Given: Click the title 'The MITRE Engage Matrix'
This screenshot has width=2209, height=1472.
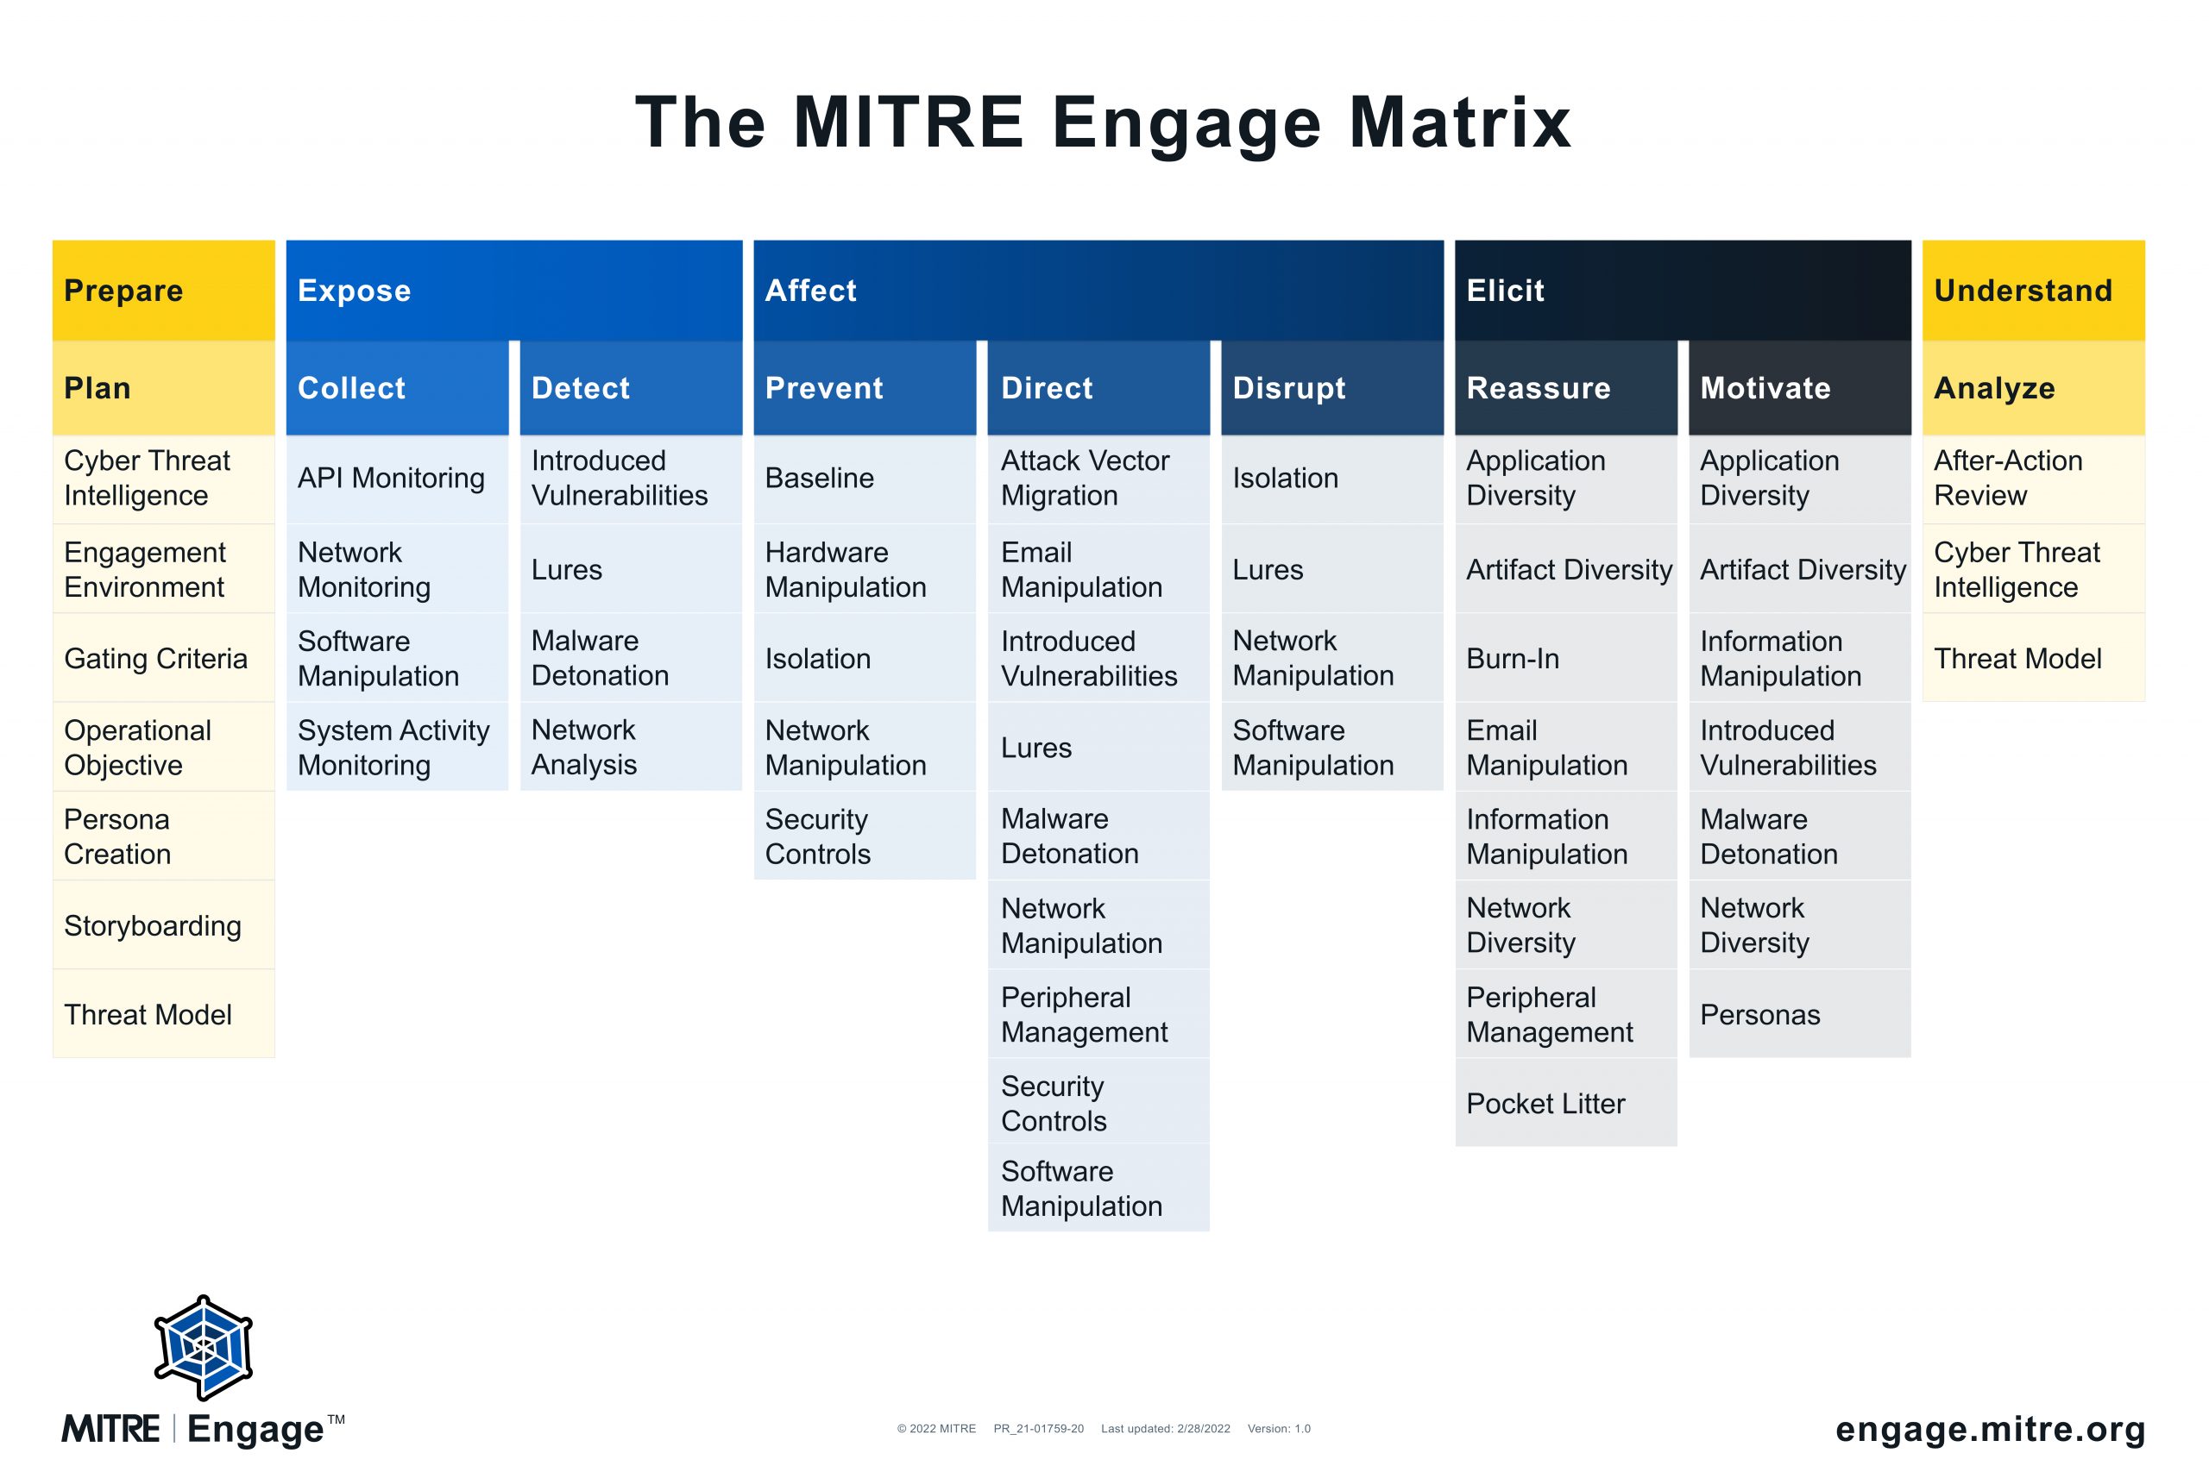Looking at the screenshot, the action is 1104,123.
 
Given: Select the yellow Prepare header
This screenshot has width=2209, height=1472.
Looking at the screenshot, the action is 163,290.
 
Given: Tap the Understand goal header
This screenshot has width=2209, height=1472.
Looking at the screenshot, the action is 2033,290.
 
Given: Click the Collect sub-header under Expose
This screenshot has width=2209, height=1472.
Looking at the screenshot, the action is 397,388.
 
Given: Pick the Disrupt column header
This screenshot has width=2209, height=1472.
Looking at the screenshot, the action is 1331,388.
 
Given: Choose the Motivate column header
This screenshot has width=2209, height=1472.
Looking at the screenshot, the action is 1799,388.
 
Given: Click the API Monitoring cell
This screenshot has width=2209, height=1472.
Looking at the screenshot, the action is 397,479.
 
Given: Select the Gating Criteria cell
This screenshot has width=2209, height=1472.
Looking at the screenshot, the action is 163,658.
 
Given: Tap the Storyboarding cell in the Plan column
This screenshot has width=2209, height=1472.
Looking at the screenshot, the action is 163,925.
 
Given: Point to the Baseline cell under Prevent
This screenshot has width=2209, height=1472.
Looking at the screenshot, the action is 864,479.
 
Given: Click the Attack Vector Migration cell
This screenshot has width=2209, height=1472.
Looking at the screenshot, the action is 1098,479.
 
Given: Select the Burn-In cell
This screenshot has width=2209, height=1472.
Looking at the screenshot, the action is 1565,658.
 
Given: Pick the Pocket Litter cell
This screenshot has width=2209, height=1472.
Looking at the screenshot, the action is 1565,1103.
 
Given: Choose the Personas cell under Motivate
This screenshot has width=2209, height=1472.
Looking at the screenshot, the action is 1799,1014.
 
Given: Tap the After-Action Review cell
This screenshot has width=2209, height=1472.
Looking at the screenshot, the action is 2033,479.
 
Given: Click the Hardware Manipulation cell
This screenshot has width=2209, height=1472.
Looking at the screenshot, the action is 864,569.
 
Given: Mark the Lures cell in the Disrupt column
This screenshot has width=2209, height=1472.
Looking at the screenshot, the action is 1331,569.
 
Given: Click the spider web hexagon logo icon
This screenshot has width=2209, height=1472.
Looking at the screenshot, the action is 204,1348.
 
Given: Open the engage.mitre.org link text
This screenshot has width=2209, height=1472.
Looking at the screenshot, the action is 1990,1429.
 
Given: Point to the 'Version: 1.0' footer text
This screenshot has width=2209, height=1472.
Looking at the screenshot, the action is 1278,1429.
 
